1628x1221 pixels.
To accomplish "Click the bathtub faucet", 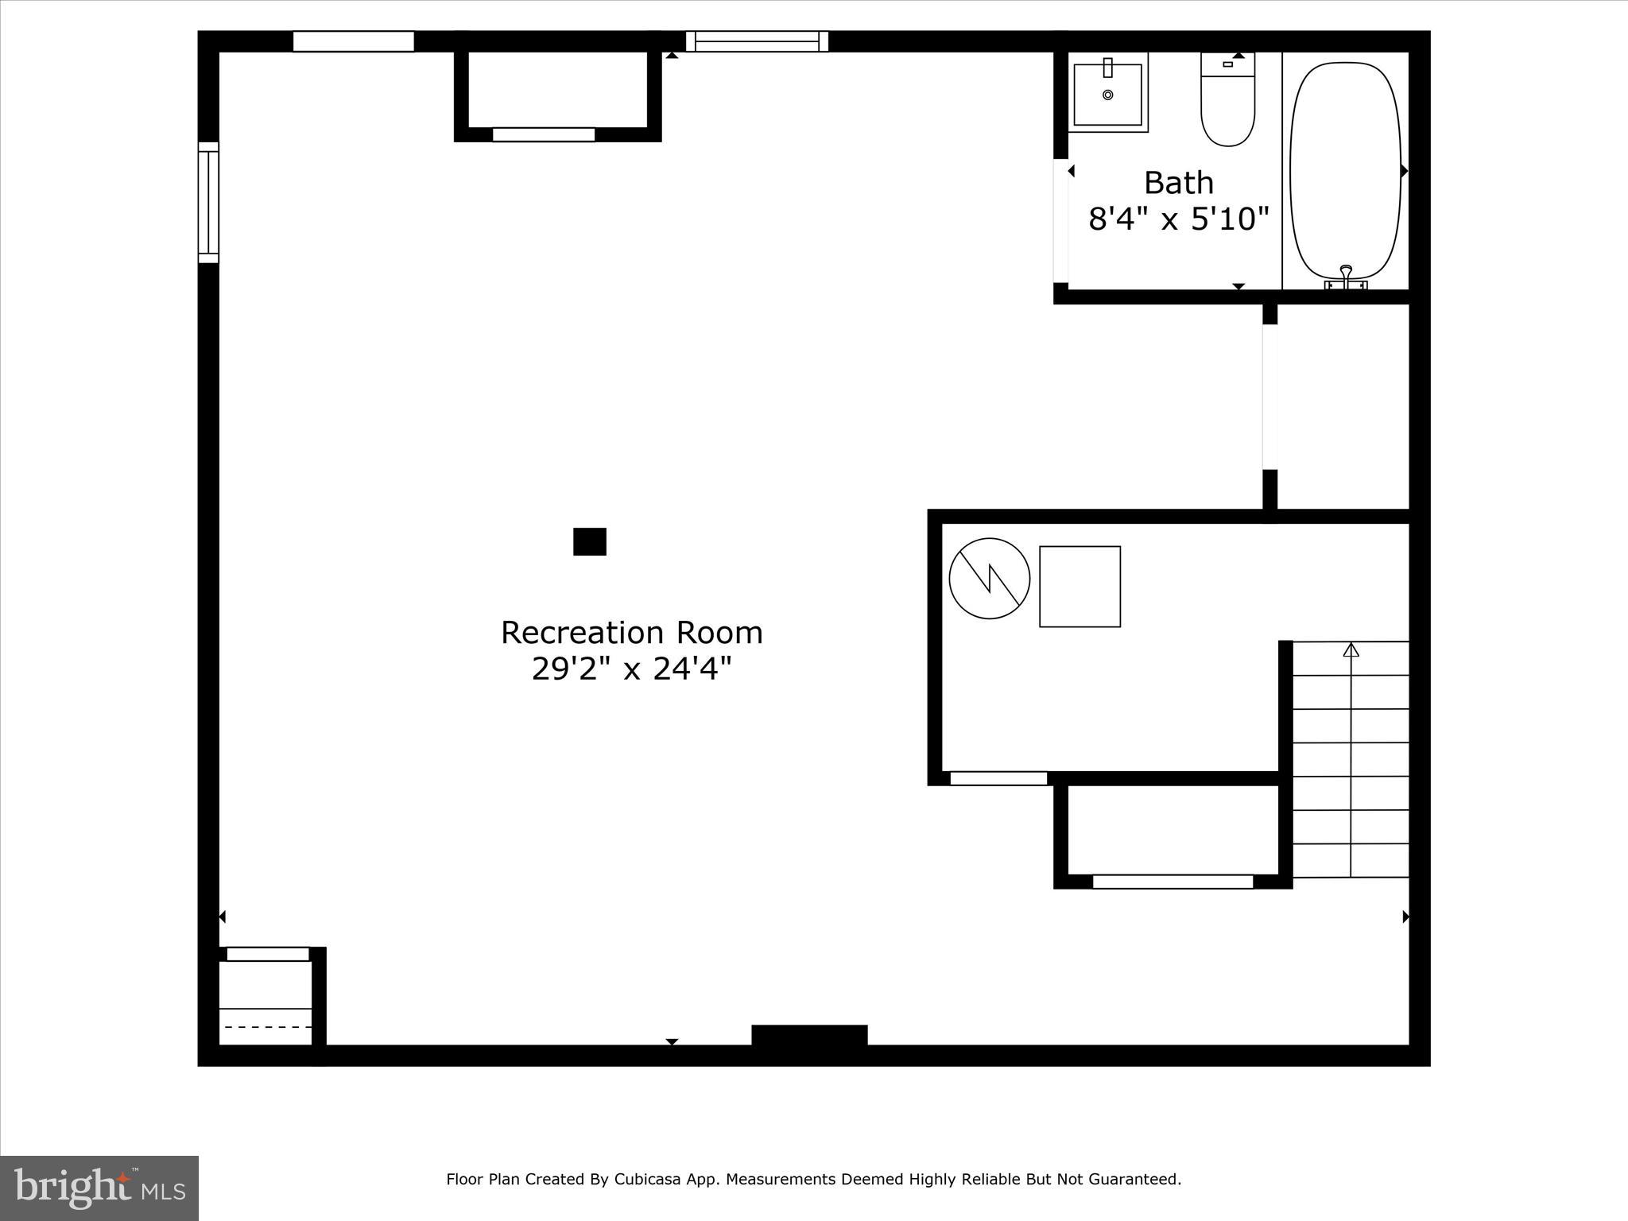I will pyautogui.click(x=1346, y=274).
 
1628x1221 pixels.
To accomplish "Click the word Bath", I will pyautogui.click(x=1178, y=183).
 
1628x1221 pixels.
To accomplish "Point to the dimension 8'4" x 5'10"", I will pyautogui.click(x=1178, y=219).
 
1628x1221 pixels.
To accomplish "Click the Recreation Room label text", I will pyautogui.click(x=631, y=633).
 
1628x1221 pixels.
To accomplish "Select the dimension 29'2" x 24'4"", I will pyautogui.click(x=631, y=669).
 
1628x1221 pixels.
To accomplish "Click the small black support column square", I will pyautogui.click(x=590, y=541).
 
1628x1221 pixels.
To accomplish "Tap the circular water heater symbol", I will pyautogui.click(x=990, y=578).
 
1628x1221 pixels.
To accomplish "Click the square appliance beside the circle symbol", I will pyautogui.click(x=1080, y=586).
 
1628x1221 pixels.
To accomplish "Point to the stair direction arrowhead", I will pyautogui.click(x=1351, y=649).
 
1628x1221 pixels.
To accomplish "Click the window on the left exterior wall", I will pyautogui.click(x=208, y=202).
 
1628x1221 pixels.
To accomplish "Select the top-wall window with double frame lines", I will pyautogui.click(x=757, y=41).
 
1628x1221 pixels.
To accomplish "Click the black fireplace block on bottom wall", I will pyautogui.click(x=809, y=1035).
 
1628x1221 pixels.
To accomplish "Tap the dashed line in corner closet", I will pyautogui.click(x=267, y=1027).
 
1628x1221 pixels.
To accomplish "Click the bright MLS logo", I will pyautogui.click(x=99, y=1188).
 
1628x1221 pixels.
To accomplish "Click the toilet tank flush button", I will pyautogui.click(x=1227, y=64).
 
